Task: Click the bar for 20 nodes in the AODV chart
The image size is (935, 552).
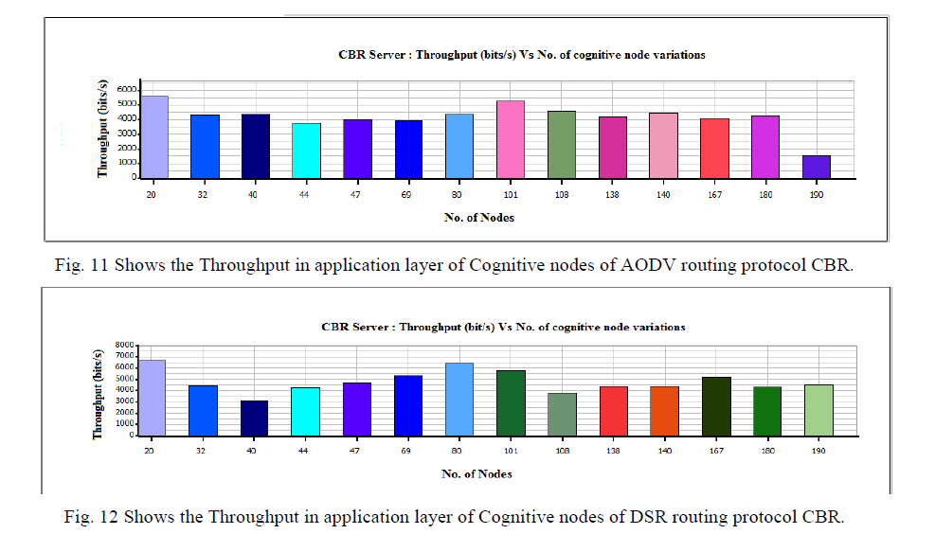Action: click(154, 136)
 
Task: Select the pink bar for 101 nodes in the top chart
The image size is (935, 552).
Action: click(511, 139)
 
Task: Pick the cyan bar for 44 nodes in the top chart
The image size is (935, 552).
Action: click(306, 150)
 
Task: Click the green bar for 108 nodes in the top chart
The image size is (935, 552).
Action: click(562, 144)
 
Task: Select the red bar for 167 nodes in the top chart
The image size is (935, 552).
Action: click(715, 148)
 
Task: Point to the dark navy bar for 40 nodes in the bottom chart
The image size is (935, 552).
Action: click(255, 418)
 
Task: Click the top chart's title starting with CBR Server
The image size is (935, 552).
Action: click(521, 55)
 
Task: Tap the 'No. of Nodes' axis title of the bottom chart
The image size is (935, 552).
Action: click(477, 473)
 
